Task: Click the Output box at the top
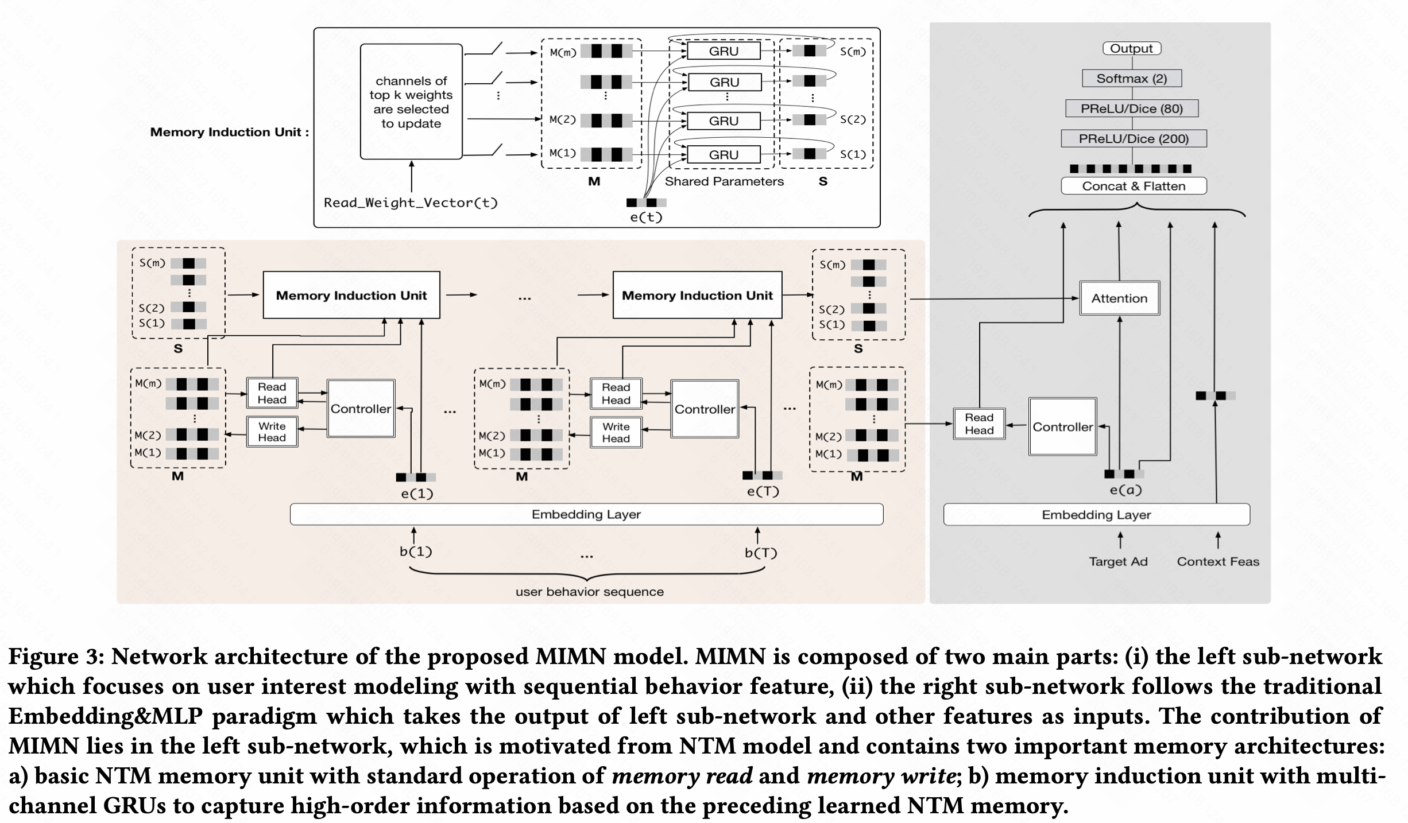pyautogui.click(x=1131, y=49)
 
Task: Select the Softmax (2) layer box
pyautogui.click(x=1132, y=79)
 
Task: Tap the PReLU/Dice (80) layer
pyautogui.click(x=1132, y=108)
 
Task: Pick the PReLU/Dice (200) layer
pyautogui.click(x=1134, y=138)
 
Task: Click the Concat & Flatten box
pyautogui.click(x=1134, y=186)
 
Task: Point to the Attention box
pyautogui.click(x=1119, y=298)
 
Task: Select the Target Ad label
pyautogui.click(x=1118, y=561)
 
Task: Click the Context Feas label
pyautogui.click(x=1218, y=561)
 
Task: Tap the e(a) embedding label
pyautogui.click(x=1125, y=490)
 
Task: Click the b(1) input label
pyautogui.click(x=416, y=552)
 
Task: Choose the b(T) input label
pyautogui.click(x=761, y=553)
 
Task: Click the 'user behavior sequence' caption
pyautogui.click(x=589, y=592)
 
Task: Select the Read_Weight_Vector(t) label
pyautogui.click(x=411, y=203)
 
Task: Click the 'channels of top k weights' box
pyautogui.click(x=411, y=102)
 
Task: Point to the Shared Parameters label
pyautogui.click(x=724, y=181)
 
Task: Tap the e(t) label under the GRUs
pyautogui.click(x=646, y=217)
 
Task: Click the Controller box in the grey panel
pyautogui.click(x=1062, y=427)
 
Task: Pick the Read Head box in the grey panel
pyautogui.click(x=979, y=424)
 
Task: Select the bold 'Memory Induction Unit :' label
pyautogui.click(x=229, y=132)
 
